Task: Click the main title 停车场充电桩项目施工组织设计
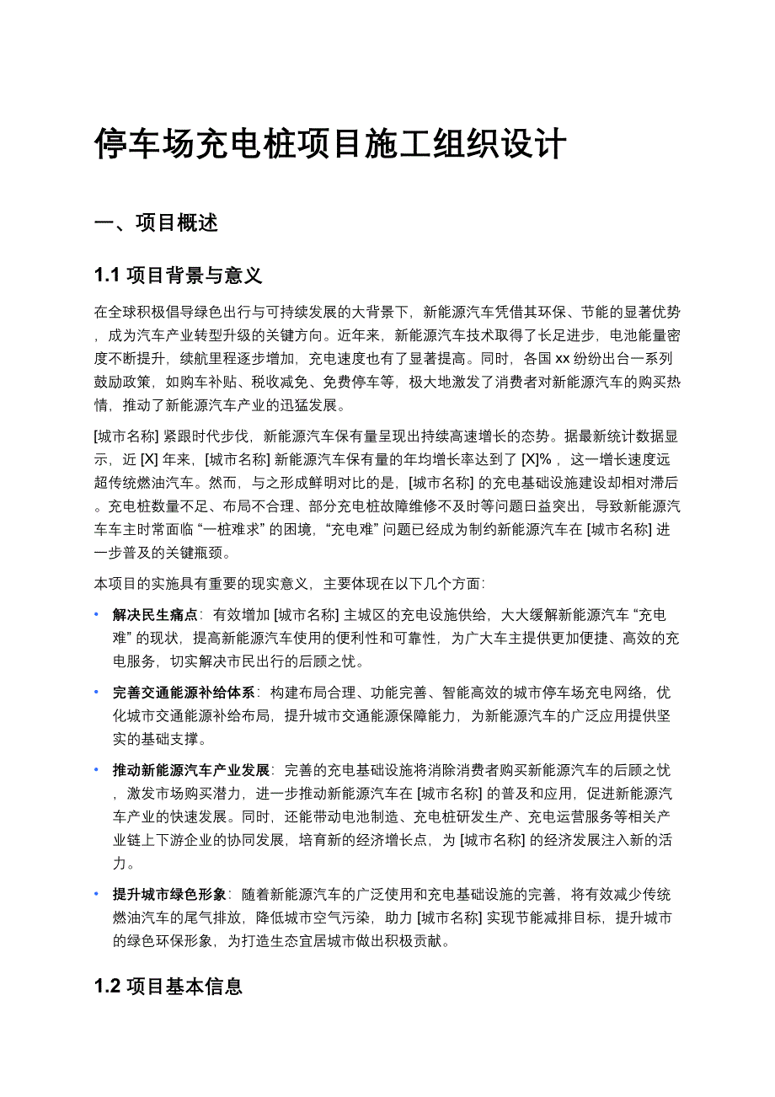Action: tap(329, 144)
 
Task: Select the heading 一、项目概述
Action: tap(157, 223)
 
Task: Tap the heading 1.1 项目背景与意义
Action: tap(179, 275)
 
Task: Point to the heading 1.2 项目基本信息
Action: tap(168, 986)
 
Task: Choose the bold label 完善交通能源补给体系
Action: tap(184, 693)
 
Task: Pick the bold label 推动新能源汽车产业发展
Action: tap(191, 770)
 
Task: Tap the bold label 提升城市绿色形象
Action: tap(169, 895)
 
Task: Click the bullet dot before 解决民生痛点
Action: tap(97, 615)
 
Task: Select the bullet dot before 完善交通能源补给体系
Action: tap(97, 693)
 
